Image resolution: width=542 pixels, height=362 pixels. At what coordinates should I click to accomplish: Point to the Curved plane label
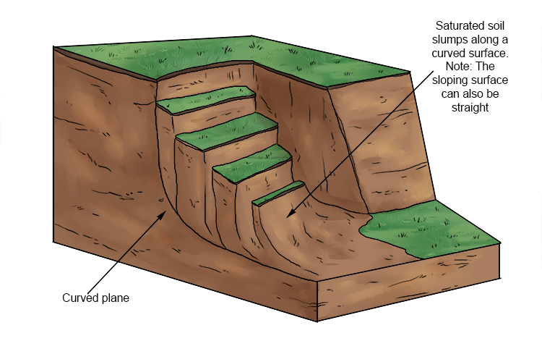(95, 298)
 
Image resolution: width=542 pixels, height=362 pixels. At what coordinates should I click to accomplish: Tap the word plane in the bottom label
(114, 298)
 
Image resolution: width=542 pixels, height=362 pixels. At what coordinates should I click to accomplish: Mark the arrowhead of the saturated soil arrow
(288, 215)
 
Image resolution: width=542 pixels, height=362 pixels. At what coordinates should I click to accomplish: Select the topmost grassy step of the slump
(206, 98)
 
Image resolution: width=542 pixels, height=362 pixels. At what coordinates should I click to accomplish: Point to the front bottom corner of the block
(317, 319)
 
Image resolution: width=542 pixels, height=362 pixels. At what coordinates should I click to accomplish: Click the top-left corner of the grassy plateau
(55, 47)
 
